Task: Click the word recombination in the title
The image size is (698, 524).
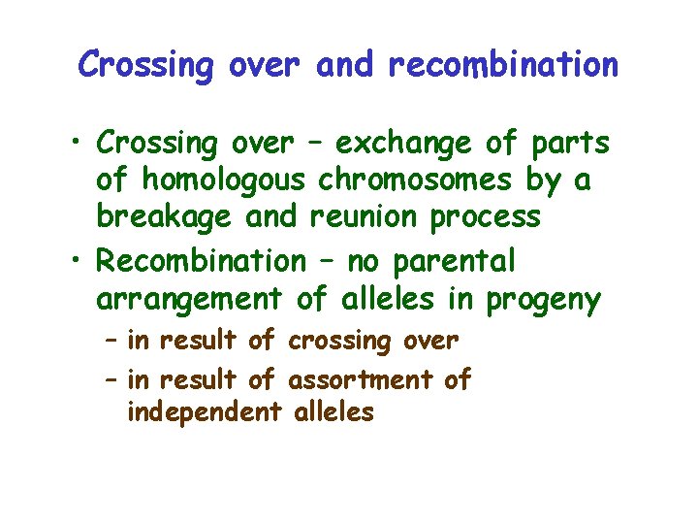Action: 502,65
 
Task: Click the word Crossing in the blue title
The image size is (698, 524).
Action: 145,65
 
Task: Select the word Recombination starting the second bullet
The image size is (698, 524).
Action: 202,261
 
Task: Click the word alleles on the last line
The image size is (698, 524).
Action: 333,412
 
